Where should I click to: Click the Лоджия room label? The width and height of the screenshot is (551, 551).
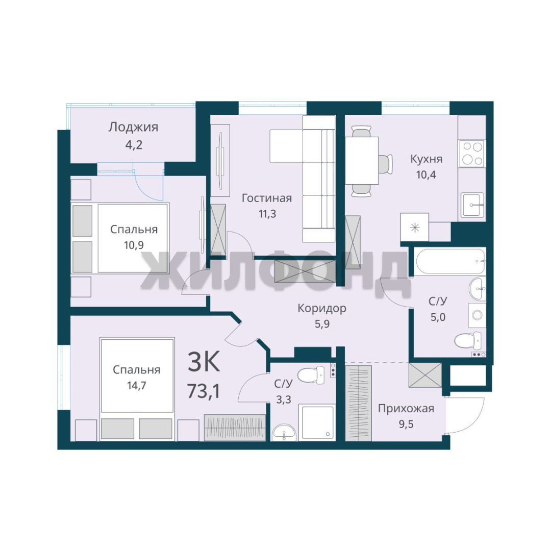133,127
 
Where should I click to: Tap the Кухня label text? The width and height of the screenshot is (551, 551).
426,159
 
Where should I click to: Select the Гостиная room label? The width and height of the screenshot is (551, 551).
267,198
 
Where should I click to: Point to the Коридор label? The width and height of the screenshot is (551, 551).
322,308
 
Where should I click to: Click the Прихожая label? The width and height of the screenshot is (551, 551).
406,409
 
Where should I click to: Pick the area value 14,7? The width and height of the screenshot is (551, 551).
137,386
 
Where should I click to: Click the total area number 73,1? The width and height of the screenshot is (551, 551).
204,391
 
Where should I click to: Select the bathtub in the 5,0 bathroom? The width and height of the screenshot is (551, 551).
450,262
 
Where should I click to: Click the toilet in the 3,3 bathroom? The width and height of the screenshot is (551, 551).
311,375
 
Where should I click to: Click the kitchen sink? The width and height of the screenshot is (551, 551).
472,205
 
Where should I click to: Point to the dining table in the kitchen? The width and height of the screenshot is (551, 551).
362,160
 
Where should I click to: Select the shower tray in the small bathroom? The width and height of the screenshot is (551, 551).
317,422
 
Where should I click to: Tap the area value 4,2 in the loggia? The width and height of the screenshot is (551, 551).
134,144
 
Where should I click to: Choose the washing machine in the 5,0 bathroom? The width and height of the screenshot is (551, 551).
477,315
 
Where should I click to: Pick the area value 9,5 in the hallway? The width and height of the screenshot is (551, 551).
406,424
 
